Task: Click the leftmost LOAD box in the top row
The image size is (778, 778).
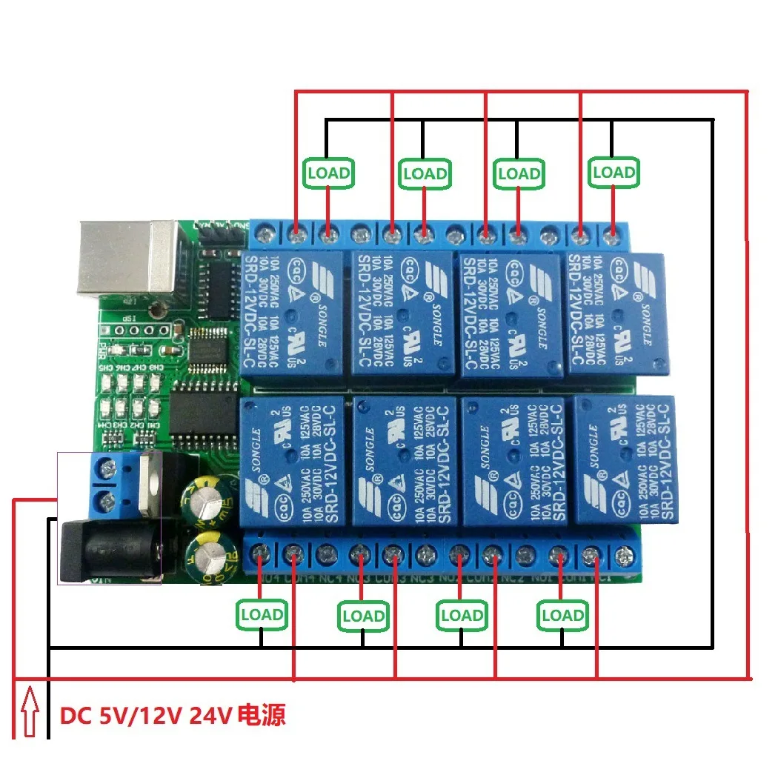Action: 328,173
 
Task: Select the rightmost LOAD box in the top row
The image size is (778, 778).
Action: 614,172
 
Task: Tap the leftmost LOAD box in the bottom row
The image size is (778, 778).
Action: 262,614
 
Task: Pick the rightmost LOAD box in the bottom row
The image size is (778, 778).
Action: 562,615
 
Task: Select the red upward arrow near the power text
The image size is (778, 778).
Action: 30,713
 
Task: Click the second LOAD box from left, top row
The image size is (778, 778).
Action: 425,173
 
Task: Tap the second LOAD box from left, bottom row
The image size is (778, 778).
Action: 362,616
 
